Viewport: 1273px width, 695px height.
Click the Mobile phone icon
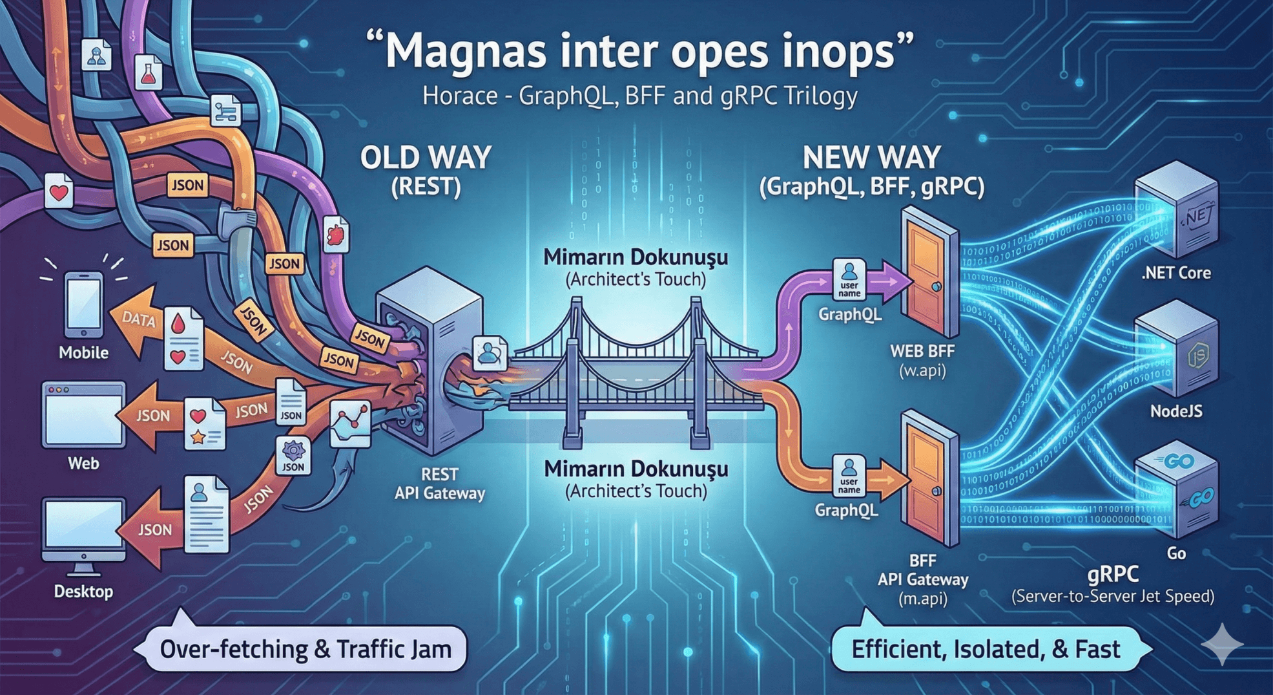point(84,305)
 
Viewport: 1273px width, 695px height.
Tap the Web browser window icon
point(83,414)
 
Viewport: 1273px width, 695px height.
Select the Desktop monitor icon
point(83,534)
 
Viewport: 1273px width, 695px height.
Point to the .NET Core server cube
point(1177,211)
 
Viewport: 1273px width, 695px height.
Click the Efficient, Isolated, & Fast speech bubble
point(986,648)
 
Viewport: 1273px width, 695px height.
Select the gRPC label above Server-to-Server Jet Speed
point(1112,574)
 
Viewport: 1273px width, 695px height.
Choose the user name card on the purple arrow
point(849,280)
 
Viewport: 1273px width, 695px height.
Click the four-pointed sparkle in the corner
point(1222,644)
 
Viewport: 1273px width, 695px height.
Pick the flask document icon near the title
point(149,72)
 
